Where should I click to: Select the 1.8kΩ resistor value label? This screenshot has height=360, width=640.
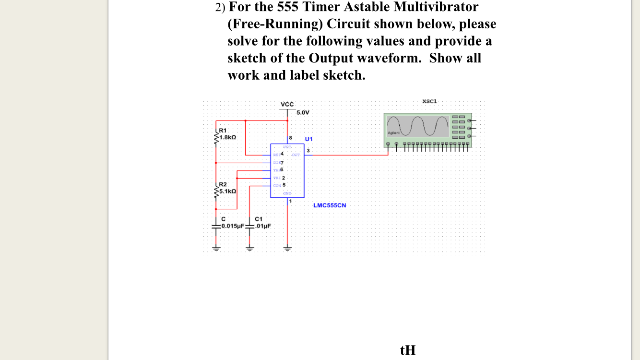[227, 137]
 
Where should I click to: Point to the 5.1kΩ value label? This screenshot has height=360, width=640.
[227, 191]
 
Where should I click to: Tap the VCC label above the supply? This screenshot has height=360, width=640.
[287, 104]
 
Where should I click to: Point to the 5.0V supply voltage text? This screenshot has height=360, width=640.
[303, 112]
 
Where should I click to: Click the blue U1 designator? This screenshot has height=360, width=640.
[308, 139]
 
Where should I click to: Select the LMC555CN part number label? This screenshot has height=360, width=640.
[330, 205]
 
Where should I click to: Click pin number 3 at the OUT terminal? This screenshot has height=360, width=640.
[308, 151]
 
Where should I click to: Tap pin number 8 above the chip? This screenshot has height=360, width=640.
[290, 138]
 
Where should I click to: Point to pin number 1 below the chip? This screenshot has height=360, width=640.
[290, 201]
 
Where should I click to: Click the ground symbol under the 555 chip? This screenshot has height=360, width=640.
[287, 248]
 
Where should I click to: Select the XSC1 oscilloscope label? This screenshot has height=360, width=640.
[429, 101]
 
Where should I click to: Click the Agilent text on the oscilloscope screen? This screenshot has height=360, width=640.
[393, 132]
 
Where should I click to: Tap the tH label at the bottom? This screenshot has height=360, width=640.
[408, 350]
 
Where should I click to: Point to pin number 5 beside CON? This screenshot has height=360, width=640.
[284, 185]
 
